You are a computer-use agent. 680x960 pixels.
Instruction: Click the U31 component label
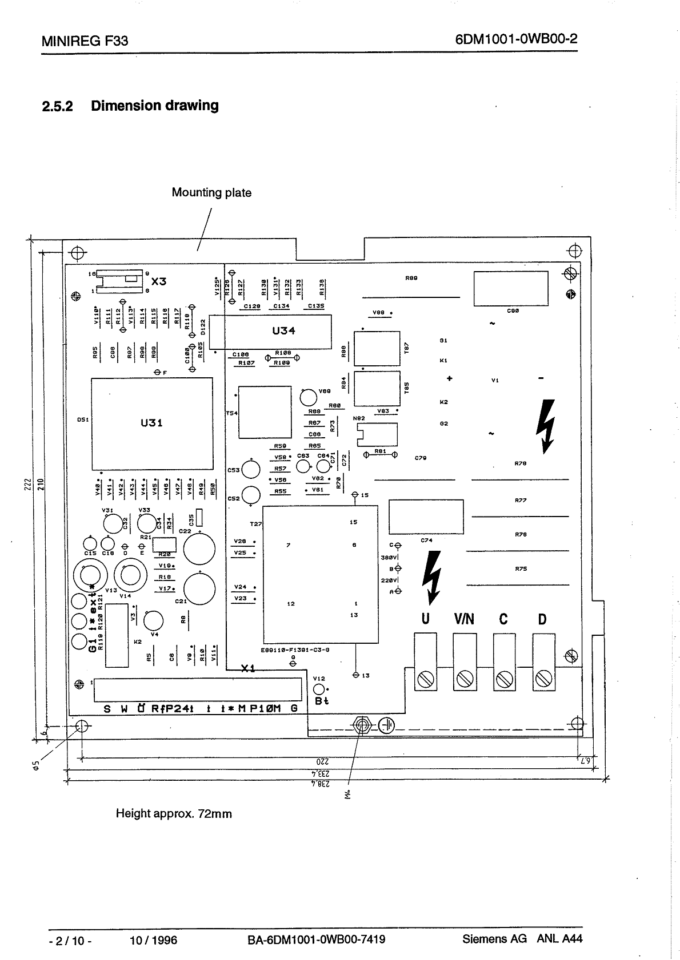click(151, 423)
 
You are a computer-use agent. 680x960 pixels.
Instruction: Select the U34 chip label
click(284, 331)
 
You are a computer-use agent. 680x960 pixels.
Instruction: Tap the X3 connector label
click(159, 281)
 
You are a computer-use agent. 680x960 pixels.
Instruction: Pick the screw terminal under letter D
click(543, 679)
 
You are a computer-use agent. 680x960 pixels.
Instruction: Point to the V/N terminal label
click(464, 619)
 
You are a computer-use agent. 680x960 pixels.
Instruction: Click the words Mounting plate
click(211, 193)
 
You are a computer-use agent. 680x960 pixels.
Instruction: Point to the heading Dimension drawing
click(154, 106)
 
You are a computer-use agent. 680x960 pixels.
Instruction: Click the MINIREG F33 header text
click(85, 41)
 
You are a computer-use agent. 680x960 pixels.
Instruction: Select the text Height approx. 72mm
click(174, 813)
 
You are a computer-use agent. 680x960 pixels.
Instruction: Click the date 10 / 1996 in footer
click(154, 940)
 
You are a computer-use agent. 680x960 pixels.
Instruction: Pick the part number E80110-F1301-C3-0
click(295, 650)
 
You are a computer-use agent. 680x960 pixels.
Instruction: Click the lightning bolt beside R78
click(546, 425)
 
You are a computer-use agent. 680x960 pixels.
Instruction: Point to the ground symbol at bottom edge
click(387, 725)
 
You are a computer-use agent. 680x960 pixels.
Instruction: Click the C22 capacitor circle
click(199, 548)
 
